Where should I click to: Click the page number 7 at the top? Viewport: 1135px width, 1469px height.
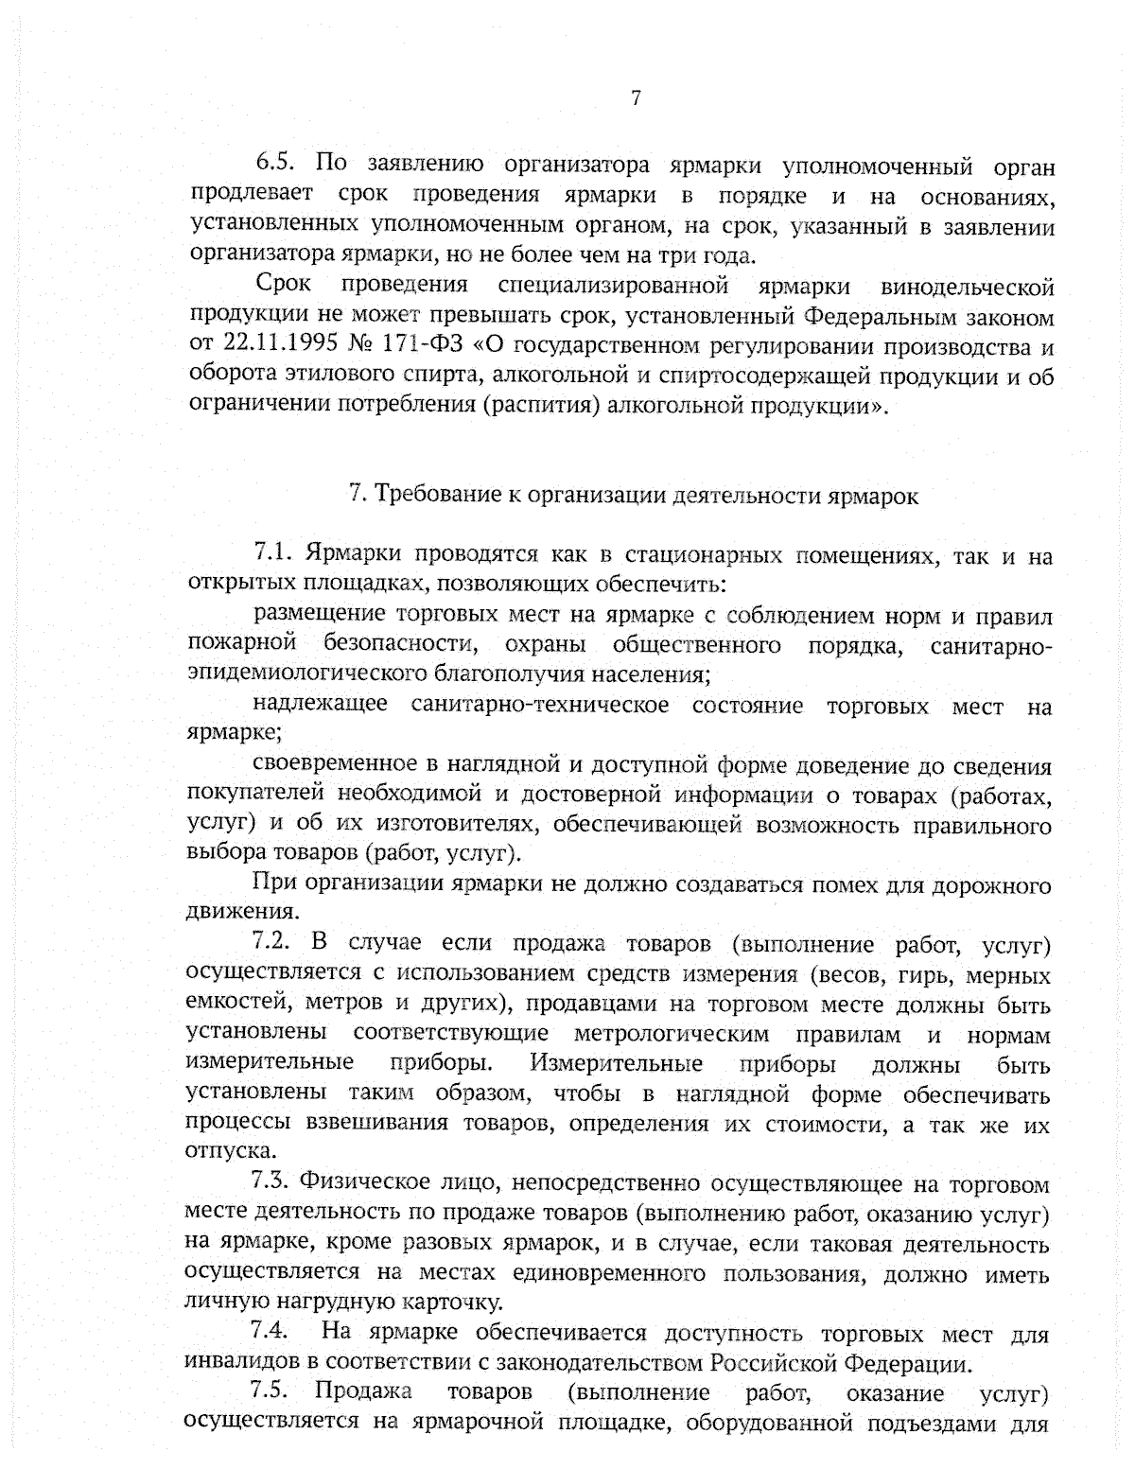[x=636, y=98]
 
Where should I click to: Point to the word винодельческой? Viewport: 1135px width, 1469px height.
[x=967, y=286]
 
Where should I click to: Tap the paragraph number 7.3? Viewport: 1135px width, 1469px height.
[x=270, y=1183]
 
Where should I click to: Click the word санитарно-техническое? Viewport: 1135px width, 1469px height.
[x=540, y=707]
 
